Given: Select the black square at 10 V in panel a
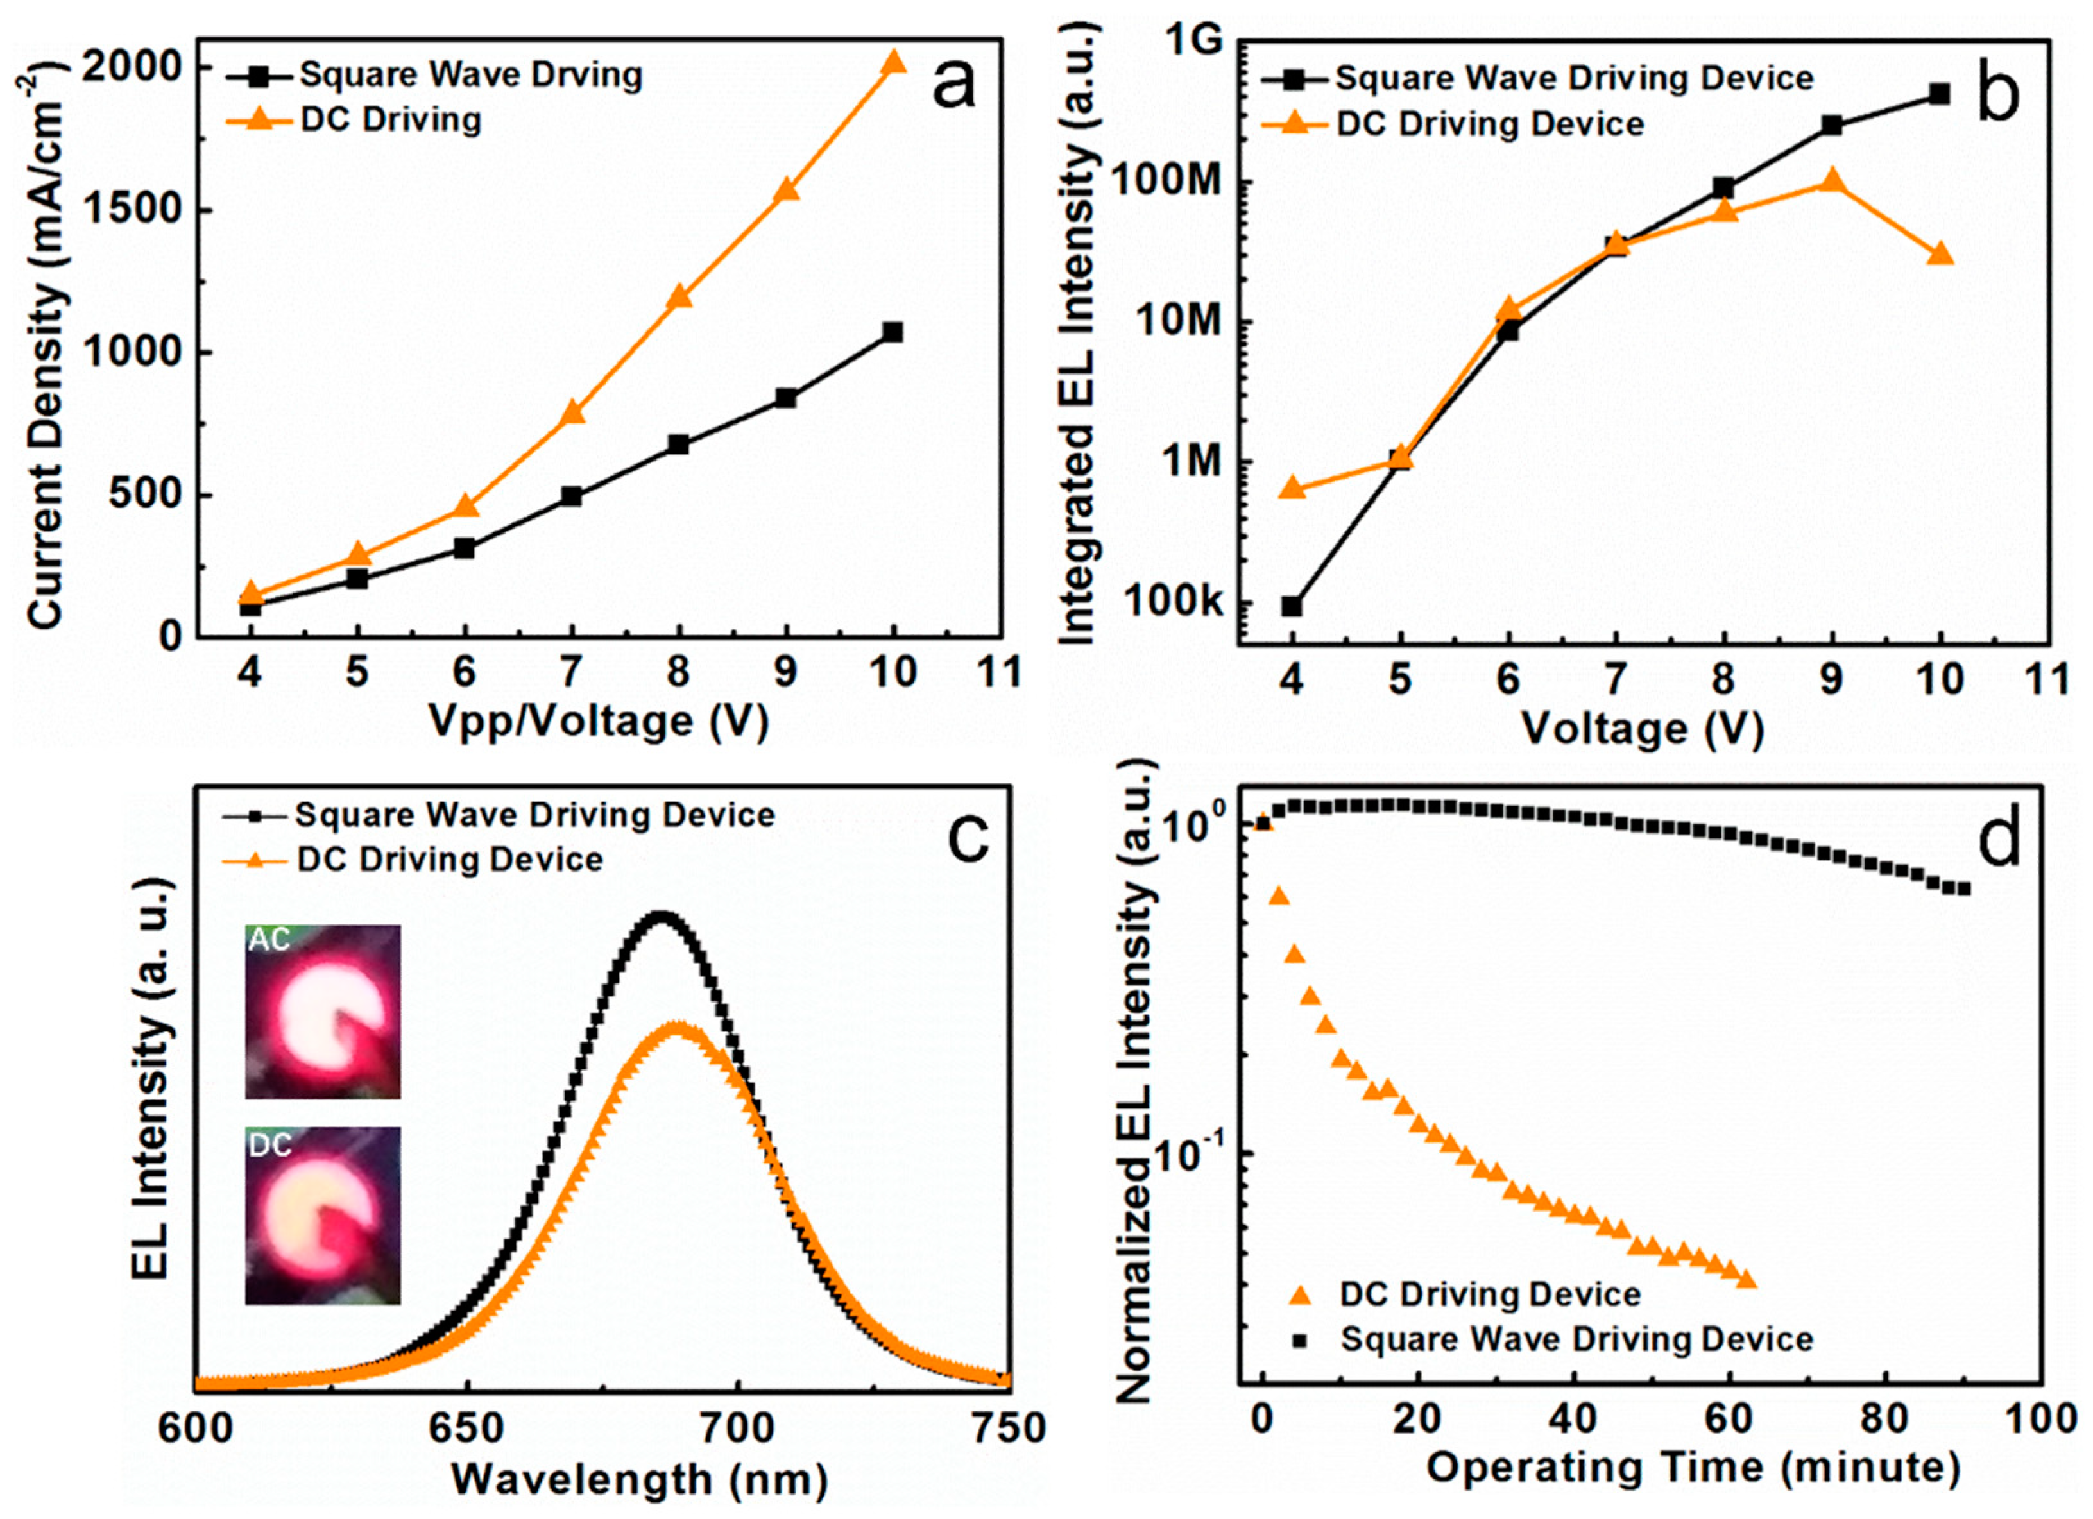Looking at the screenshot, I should point(893,332).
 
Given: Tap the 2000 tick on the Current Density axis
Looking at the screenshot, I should point(134,67).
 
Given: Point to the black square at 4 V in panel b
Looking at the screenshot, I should point(1292,606).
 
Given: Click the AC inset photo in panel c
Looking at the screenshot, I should point(323,1012).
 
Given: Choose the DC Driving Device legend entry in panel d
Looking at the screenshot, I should point(1489,1294).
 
